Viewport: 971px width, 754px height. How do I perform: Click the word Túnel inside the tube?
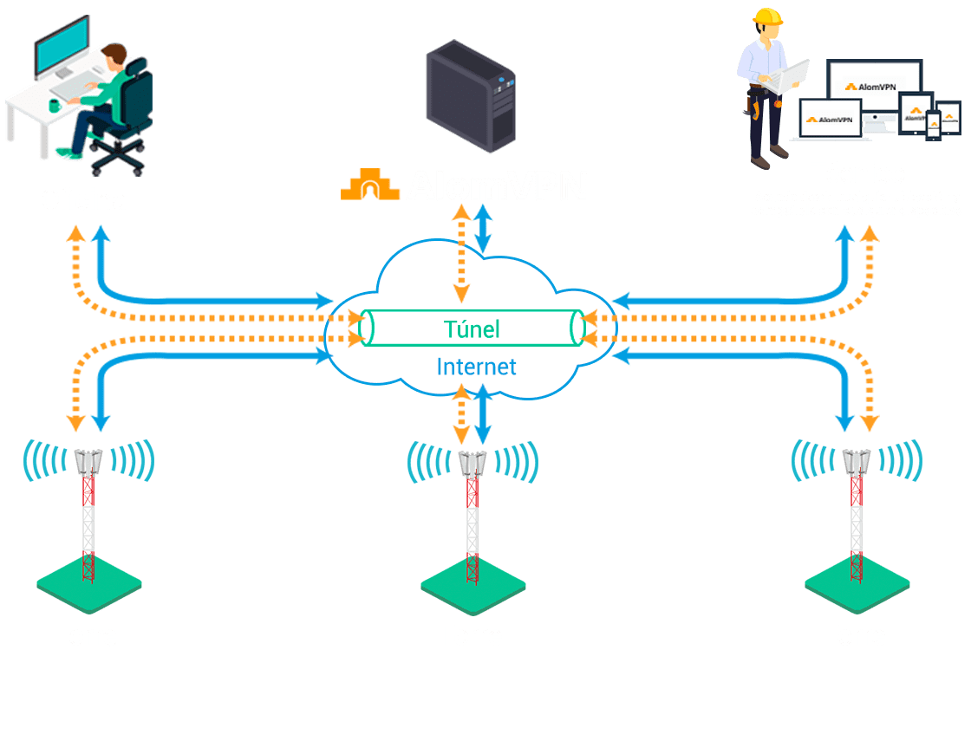click(x=472, y=329)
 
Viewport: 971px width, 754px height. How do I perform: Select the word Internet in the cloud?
click(x=476, y=367)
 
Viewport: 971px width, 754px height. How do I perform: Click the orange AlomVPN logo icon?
click(x=369, y=185)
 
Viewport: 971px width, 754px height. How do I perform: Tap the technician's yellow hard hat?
click(x=766, y=16)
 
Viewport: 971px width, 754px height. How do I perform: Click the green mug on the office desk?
click(x=55, y=106)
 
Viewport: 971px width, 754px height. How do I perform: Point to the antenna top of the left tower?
click(x=88, y=461)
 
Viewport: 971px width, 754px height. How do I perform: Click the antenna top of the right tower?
click(x=856, y=461)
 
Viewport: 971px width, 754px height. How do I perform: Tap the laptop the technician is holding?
click(x=792, y=76)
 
